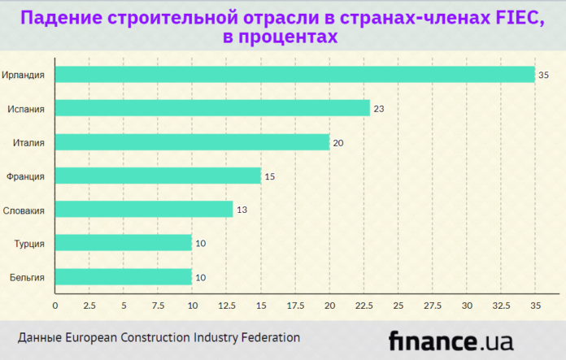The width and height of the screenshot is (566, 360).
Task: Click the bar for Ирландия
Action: click(294, 75)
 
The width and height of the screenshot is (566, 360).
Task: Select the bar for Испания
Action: click(212, 108)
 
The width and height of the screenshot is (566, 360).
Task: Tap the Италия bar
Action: click(192, 142)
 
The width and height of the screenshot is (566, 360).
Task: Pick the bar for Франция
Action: click(158, 176)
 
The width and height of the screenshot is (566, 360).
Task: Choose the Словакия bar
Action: click(144, 210)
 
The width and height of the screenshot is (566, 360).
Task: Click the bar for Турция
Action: click(124, 243)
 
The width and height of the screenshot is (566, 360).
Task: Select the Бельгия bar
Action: click(124, 277)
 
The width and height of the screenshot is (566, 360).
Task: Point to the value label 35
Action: click(544, 75)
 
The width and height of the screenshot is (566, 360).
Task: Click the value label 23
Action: click(379, 108)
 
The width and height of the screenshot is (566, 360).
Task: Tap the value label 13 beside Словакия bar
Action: click(242, 210)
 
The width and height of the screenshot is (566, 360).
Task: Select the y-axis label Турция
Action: click(29, 243)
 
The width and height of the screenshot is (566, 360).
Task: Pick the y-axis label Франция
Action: click(25, 176)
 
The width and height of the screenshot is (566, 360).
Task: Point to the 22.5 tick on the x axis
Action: click(364, 306)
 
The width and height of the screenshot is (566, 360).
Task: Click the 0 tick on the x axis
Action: click(55, 306)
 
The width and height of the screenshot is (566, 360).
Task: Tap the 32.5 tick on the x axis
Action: click(501, 306)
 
